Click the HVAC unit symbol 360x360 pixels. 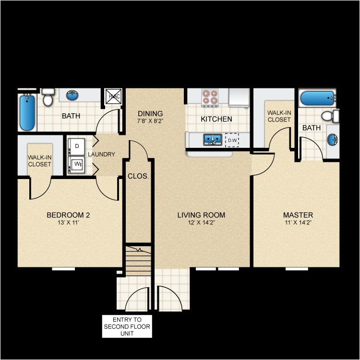114,96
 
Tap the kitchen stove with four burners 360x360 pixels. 210,97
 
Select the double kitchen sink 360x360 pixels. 213,139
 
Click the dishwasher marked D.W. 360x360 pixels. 232,140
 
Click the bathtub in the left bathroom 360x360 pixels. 27,112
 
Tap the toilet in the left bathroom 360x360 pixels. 48,98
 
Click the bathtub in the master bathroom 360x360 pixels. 317,99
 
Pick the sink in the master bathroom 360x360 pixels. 332,140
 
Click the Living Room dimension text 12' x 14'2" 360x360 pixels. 201,223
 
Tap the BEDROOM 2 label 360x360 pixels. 68,215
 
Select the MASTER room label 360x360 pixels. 298,215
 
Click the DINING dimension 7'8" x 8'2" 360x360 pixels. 150,121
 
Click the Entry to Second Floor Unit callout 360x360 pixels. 127,326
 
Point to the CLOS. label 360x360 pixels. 138,176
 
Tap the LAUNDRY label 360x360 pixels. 101,154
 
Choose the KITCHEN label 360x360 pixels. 216,119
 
